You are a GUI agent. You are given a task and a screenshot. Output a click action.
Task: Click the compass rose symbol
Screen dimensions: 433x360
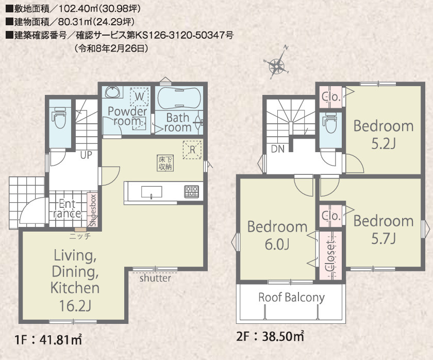(276, 66)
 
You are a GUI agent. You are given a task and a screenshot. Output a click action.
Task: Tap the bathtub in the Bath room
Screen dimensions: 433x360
(179, 99)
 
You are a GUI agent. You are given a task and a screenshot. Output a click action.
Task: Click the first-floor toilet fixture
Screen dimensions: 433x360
(60, 117)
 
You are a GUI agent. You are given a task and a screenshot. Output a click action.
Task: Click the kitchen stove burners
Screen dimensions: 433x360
(192, 191)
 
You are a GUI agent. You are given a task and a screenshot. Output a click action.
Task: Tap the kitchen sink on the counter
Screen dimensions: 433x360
(152, 192)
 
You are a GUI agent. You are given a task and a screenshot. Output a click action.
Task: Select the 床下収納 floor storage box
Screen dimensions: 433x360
(165, 163)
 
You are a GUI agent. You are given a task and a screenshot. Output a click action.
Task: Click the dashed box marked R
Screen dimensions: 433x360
(192, 150)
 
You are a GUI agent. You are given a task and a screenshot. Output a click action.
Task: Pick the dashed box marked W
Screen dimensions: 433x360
(140, 96)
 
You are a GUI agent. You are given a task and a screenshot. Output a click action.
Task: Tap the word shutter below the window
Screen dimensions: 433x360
(155, 278)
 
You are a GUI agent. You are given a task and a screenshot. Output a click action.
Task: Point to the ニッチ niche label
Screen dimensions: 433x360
(80, 236)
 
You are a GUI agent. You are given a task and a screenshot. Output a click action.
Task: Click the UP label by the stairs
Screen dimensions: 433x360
(86, 155)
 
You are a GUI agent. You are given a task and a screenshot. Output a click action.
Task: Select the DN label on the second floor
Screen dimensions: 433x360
(277, 149)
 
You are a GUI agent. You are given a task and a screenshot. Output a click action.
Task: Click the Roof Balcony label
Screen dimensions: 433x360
(291, 297)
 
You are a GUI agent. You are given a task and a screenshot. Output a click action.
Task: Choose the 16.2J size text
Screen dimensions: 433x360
(75, 306)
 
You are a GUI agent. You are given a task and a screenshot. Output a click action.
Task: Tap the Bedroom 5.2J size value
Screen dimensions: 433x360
(384, 144)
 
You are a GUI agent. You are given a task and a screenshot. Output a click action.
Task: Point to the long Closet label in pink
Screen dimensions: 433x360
(330, 256)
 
